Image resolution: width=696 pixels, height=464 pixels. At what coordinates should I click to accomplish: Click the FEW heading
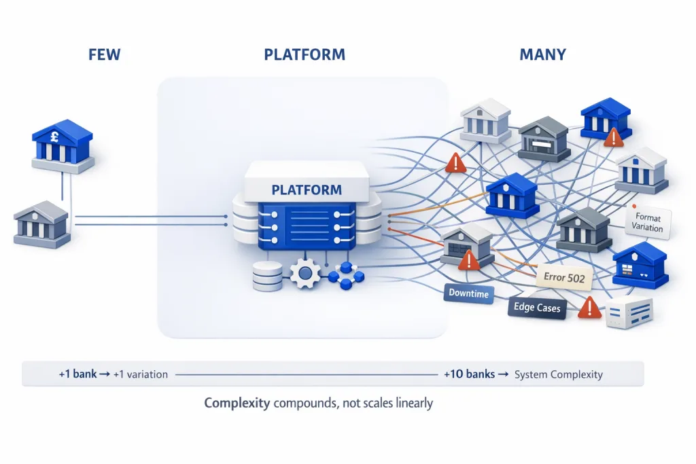tap(104, 54)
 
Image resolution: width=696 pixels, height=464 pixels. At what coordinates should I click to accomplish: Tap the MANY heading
tap(543, 54)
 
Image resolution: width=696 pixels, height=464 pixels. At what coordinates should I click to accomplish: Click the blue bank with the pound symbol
tap(63, 143)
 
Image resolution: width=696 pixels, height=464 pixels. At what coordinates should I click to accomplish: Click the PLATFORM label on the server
tap(307, 190)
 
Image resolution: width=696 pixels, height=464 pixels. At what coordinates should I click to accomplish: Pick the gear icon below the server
tap(305, 274)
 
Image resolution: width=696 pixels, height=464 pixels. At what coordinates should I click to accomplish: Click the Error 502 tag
tap(564, 277)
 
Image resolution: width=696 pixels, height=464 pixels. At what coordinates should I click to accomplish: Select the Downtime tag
tap(468, 293)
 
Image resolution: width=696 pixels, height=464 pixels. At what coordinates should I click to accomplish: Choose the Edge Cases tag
tap(537, 307)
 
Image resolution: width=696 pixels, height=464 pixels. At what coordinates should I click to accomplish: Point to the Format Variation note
tap(648, 223)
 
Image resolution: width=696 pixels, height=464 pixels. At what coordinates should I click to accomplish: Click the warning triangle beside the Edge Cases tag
tap(589, 308)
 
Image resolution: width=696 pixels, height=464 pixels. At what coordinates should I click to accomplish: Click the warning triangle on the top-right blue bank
tap(614, 137)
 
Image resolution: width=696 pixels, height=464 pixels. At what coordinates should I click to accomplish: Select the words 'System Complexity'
tap(558, 374)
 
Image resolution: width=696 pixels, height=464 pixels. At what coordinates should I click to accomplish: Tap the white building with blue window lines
tap(629, 313)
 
